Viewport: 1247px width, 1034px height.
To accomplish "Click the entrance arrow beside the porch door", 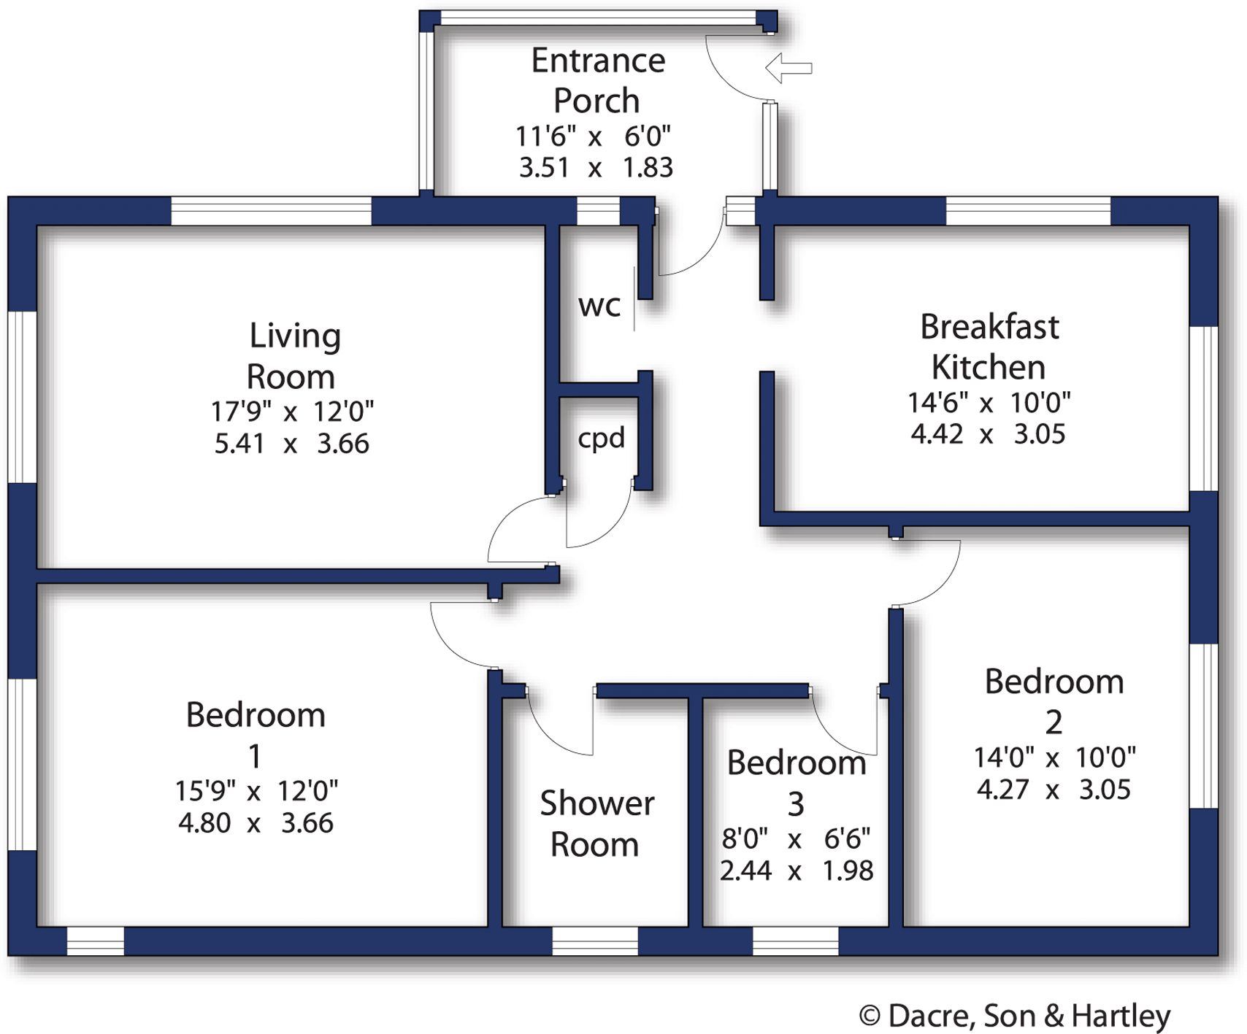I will [789, 68].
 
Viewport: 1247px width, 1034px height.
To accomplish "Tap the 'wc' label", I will [599, 306].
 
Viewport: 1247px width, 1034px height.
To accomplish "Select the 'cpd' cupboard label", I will [602, 438].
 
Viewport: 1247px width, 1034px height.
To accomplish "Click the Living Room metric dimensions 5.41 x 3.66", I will [291, 444].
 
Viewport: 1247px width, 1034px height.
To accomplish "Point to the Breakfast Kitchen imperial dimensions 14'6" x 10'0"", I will [989, 402].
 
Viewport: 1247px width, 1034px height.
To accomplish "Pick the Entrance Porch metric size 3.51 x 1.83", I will [596, 168].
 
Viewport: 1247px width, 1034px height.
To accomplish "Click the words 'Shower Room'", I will [596, 824].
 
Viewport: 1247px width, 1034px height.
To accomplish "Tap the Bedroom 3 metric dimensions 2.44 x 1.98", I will [797, 871].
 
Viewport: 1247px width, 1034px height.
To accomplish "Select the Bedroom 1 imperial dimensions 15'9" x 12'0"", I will [256, 790].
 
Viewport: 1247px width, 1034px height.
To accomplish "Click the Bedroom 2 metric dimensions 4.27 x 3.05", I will [1054, 790].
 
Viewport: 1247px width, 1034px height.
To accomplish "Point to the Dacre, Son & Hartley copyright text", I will [1015, 1016].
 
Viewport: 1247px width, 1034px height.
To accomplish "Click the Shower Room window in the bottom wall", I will [595, 941].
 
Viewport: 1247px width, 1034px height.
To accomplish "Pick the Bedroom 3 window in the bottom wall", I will [795, 941].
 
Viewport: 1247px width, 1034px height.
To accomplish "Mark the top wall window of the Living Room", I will [272, 211].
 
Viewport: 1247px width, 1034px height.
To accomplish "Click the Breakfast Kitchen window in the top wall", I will [1028, 211].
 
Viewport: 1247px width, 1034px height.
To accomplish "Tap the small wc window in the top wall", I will [598, 211].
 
